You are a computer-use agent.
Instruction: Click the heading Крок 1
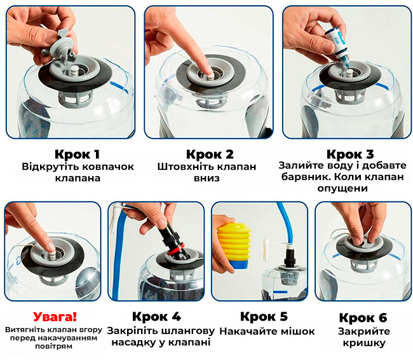77,155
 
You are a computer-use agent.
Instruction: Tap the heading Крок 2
210,155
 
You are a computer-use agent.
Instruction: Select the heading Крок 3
350,155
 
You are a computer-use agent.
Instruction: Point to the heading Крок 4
156,317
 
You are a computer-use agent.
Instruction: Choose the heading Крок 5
264,317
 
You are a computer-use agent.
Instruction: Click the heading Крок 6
363,317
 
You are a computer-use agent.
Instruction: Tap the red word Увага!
55,317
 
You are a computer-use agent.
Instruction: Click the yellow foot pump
232,242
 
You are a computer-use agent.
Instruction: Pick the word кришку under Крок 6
364,343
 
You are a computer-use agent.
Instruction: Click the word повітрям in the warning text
54,346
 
